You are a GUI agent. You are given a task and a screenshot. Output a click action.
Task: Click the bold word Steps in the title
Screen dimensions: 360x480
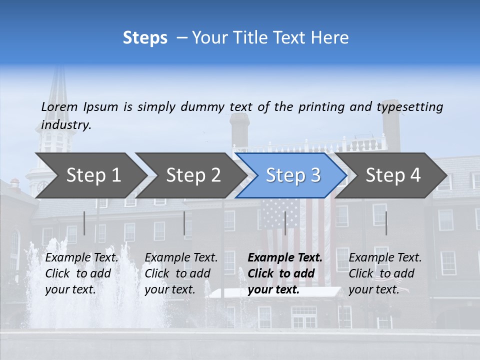pos(145,38)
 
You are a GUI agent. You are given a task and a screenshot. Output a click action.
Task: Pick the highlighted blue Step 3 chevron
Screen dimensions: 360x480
pos(293,175)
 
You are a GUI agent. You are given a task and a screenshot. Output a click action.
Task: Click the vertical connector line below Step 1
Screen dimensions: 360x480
pos(84,223)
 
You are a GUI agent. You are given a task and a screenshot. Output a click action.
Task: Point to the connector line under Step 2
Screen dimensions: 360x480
pos(184,223)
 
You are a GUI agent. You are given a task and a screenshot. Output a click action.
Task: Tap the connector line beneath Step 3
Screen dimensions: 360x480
pos(285,223)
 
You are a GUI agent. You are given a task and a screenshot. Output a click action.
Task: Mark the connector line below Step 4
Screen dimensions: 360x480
pos(386,223)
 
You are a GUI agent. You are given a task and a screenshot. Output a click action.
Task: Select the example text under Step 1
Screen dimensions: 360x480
pos(81,273)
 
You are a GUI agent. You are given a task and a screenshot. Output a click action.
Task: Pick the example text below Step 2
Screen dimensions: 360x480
pos(181,273)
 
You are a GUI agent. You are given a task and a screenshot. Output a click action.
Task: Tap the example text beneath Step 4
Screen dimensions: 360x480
pos(385,273)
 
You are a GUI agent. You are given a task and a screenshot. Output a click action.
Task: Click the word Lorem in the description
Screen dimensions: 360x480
pos(59,106)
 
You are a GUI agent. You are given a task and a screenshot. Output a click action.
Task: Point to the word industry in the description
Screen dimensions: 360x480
pos(66,125)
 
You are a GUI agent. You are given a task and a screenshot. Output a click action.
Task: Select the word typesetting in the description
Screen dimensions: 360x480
pos(409,106)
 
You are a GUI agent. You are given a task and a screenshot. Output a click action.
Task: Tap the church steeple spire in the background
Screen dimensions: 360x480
pos(59,95)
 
